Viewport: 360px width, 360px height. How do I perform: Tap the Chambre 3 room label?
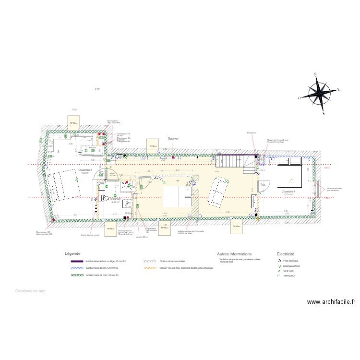coord(85,171)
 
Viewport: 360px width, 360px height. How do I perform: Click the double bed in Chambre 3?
coord(63,184)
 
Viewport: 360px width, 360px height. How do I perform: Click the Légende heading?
coord(72,253)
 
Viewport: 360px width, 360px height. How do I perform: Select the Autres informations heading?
coord(234,254)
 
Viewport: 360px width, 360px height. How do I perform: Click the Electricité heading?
coord(285,254)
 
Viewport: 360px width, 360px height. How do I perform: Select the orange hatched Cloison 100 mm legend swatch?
coord(151,268)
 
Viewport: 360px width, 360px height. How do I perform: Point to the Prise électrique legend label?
coord(291,260)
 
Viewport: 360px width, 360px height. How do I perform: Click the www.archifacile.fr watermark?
coord(331,302)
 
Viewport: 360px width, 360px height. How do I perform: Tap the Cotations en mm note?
coord(30,291)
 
